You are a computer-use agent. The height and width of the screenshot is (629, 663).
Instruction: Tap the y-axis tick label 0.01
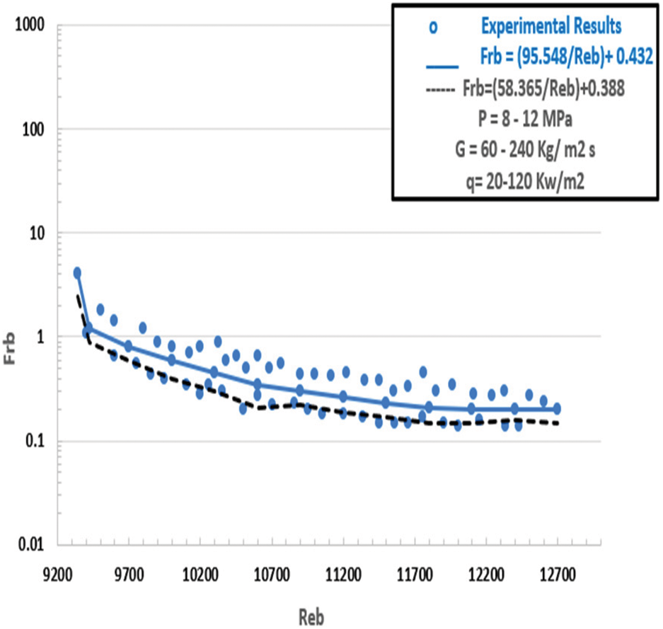[32, 545]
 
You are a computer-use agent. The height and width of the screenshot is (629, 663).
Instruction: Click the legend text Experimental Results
[550, 27]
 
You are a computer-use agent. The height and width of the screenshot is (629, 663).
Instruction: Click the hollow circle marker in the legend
[433, 28]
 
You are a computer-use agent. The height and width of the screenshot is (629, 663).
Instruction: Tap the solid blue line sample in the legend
[442, 66]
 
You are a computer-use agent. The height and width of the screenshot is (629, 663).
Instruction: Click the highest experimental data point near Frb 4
[77, 273]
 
